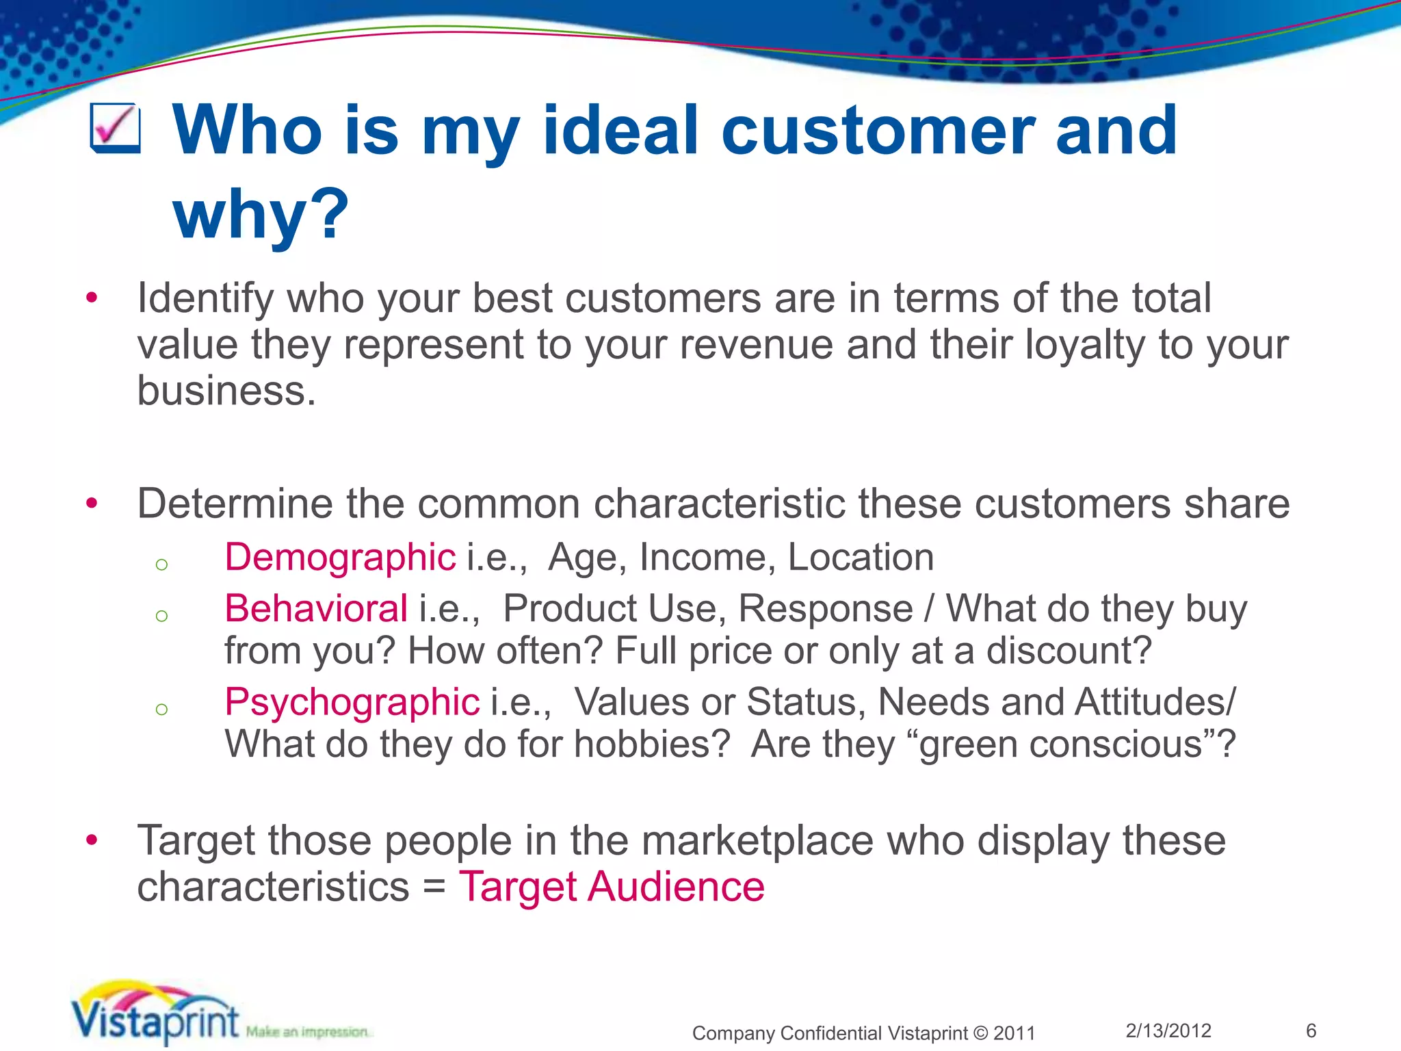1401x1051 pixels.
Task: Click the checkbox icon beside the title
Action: pos(116,128)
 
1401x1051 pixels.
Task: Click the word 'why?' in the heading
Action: pos(261,214)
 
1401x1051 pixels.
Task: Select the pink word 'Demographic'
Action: pos(340,557)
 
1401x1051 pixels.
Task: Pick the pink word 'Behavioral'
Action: pos(316,608)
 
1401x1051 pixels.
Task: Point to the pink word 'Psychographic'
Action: pos(352,703)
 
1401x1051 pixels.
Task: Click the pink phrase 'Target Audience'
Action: pos(612,887)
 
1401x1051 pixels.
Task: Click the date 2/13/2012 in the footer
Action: pos(1168,1030)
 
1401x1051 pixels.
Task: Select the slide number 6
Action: pos(1311,1030)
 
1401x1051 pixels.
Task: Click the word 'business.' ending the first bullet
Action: pos(226,391)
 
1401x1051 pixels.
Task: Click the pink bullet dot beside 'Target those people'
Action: pos(92,840)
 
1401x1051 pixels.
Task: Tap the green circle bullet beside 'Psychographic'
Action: pos(161,709)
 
